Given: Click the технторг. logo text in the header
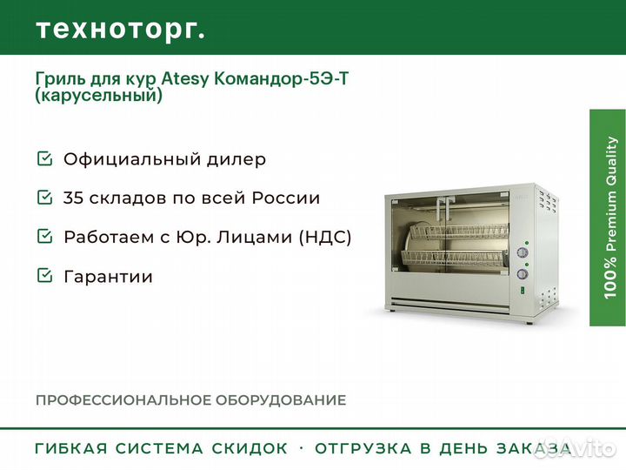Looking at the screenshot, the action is point(120,30).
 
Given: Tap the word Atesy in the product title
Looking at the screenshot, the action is point(185,79).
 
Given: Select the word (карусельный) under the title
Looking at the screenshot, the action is point(98,96).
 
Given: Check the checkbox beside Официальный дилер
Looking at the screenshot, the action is point(44,158).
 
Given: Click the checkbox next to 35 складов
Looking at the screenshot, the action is point(44,197).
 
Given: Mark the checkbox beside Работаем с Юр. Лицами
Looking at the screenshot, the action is point(44,236).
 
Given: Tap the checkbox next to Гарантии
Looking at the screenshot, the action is point(44,275).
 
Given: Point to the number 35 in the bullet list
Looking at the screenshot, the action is point(73,198).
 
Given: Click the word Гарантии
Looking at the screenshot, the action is point(108,277).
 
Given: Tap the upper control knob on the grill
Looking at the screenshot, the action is point(523,252).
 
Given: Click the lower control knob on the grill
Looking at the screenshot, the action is point(523,274).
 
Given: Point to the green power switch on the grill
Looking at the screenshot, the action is point(522,291).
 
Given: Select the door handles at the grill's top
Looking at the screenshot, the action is point(445,208).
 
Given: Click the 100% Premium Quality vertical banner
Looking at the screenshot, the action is point(608,218).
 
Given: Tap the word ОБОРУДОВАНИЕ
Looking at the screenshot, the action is point(281,400).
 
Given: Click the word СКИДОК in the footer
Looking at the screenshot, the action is point(250,448).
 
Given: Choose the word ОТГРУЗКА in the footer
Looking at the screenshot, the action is point(363,448).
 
